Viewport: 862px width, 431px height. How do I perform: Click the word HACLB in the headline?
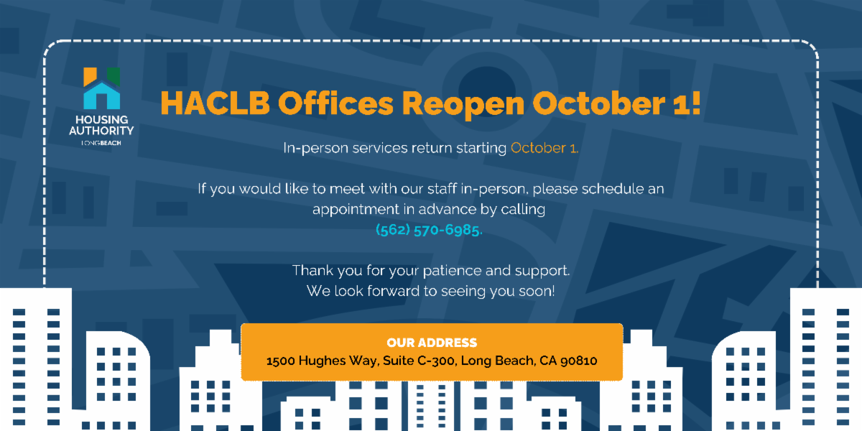(215, 103)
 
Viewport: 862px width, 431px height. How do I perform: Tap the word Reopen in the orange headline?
(463, 105)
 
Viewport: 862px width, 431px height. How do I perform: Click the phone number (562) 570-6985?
(428, 230)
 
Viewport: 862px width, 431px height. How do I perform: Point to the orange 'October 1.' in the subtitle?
(544, 148)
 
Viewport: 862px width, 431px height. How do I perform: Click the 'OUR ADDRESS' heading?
(432, 343)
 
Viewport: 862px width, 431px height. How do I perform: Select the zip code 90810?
(579, 361)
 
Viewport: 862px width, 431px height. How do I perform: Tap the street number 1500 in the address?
(281, 361)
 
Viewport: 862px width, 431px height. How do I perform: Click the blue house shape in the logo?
(101, 96)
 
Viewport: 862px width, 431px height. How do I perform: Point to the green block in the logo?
(113, 76)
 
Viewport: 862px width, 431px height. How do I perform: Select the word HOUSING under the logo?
(101, 120)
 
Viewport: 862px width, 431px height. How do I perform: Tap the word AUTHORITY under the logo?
(101, 131)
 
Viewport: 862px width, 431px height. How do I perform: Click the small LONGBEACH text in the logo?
(101, 143)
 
